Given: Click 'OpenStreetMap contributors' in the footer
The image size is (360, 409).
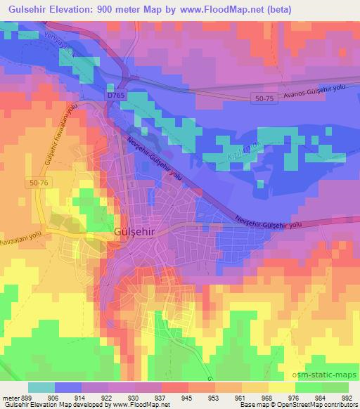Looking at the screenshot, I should coord(316,405).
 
